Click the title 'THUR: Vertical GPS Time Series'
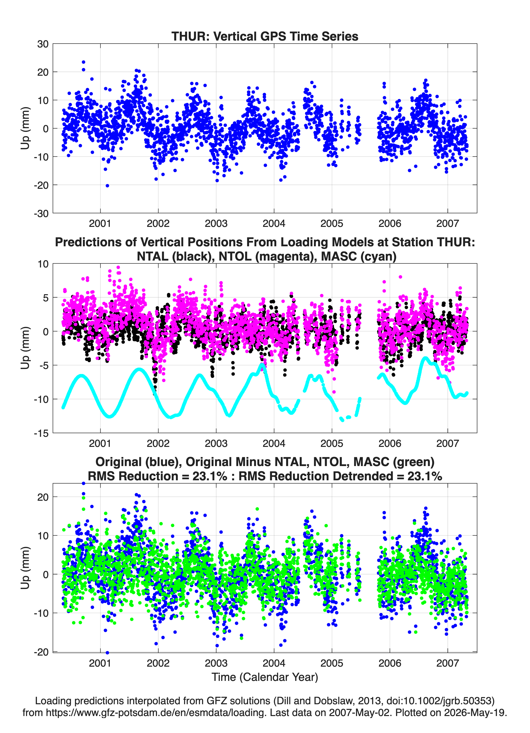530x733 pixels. pyautogui.click(x=265, y=36)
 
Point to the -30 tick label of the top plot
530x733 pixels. pyautogui.click(x=41, y=214)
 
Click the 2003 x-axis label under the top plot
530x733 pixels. pyautogui.click(x=216, y=223)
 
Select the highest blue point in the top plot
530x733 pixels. pyautogui.click(x=83, y=62)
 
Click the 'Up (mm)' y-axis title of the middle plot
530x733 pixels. pyautogui.click(x=25, y=348)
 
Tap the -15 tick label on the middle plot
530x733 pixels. pyautogui.click(x=41, y=433)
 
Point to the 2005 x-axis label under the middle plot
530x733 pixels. pyautogui.click(x=332, y=443)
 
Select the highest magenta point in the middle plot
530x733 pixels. pyautogui.click(x=118, y=268)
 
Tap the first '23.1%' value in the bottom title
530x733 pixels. pyautogui.click(x=210, y=476)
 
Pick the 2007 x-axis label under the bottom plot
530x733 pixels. pyautogui.click(x=448, y=663)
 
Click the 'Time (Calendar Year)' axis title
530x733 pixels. pyautogui.click(x=265, y=677)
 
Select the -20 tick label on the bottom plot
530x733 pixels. pyautogui.click(x=41, y=652)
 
